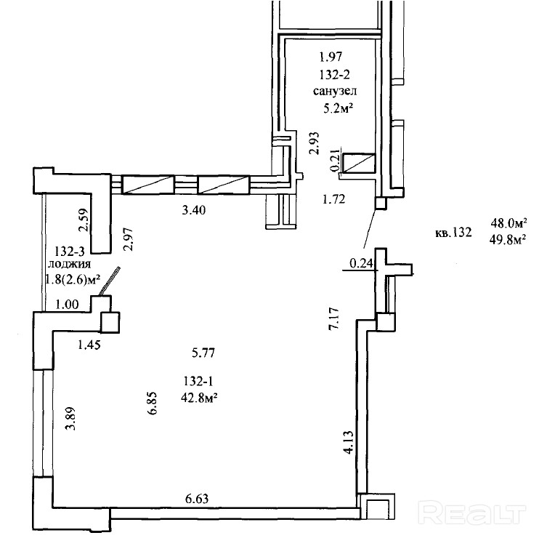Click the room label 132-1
coord(198,381)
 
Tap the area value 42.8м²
coord(198,398)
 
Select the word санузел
coord(335,91)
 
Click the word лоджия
coord(70,264)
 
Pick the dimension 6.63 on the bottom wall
coord(197,499)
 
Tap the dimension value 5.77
coord(203,353)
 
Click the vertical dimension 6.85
coord(153,403)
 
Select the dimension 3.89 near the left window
coord(70,418)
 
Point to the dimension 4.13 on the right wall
coord(348,443)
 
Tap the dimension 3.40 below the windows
coord(194,210)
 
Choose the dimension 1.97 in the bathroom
coord(331,56)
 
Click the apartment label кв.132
coord(453,233)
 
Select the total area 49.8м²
coord(507,240)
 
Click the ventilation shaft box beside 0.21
coord(359,163)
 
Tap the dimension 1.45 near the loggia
coord(89,345)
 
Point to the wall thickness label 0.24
coord(361,263)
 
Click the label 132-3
coord(70,252)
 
